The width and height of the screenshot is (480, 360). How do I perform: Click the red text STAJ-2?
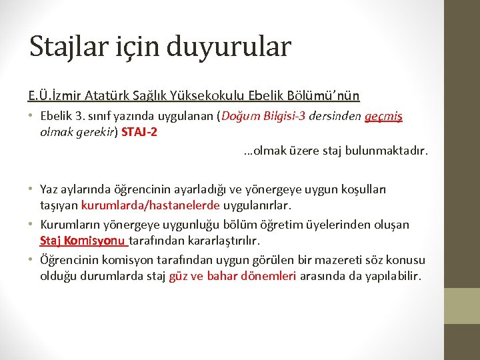click(x=139, y=131)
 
